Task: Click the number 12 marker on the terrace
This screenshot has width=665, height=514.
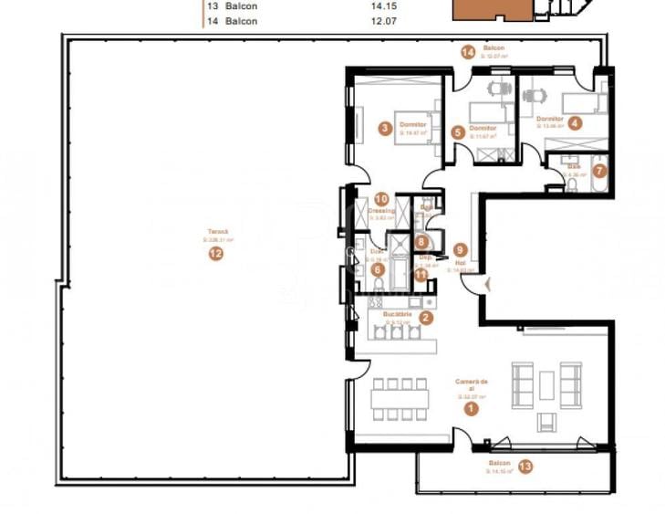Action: [x=215, y=254]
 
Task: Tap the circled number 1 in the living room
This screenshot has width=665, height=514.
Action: [x=471, y=410]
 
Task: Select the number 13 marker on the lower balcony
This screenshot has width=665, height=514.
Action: [x=525, y=467]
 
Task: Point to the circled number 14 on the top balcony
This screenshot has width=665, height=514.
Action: [x=468, y=53]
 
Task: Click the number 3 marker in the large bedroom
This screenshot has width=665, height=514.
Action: [x=386, y=129]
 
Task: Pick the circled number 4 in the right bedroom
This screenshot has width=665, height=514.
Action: [x=575, y=121]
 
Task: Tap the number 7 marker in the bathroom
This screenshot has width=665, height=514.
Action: [x=598, y=170]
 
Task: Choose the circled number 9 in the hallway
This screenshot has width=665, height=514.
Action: [x=461, y=248]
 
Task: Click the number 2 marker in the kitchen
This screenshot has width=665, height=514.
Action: [x=426, y=317]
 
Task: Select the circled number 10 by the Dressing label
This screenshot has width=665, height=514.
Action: [x=382, y=198]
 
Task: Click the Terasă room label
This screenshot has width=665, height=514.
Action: [x=216, y=233]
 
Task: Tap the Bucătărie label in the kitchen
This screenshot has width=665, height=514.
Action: [x=399, y=314]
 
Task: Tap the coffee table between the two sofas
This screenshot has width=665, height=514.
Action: [x=546, y=385]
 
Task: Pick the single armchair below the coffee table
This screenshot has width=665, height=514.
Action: [x=546, y=421]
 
